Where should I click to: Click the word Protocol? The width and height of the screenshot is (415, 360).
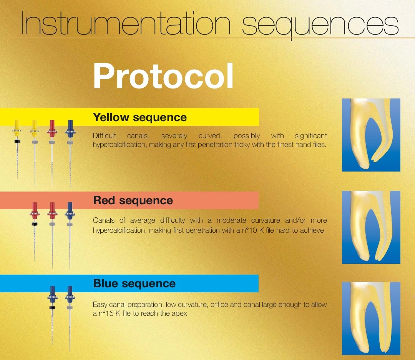tap(163, 76)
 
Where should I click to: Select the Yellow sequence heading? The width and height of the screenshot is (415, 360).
tap(140, 117)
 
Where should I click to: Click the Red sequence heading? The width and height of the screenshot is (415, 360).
tap(133, 200)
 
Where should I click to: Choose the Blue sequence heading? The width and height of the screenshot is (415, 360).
tap(134, 283)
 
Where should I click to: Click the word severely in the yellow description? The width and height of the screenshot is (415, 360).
tap(174, 136)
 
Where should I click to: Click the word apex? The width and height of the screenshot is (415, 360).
tap(180, 314)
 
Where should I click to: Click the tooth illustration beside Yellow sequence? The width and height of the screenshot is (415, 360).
tap(371, 135)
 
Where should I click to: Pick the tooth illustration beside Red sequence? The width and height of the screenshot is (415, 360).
tap(371, 227)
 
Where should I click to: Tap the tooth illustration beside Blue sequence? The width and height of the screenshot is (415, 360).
tap(371, 318)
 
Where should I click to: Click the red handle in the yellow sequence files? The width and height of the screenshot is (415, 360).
tap(52, 129)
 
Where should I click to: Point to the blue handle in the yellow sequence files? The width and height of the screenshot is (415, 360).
tap(70, 129)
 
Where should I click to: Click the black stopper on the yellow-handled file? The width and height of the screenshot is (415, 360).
tap(17, 142)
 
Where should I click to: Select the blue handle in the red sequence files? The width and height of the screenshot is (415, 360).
tap(70, 211)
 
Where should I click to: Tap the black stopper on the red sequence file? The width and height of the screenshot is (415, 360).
tap(35, 224)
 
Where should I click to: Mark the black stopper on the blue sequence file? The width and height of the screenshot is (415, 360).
tap(52, 308)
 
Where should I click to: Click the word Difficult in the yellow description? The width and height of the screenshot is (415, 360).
tap(105, 136)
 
